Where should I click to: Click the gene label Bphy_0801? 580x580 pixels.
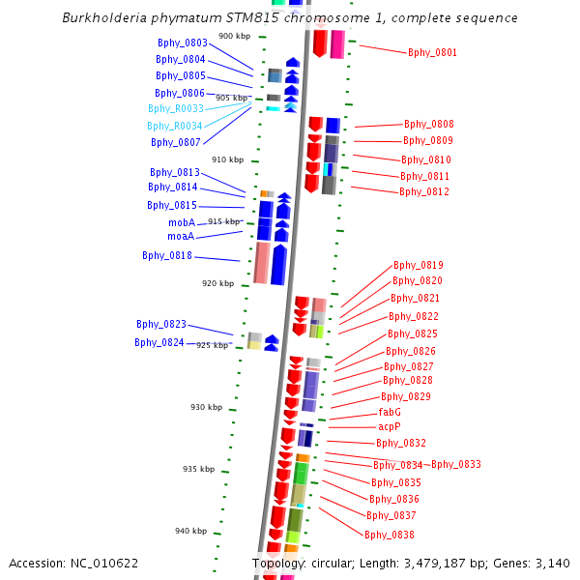coord(432,52)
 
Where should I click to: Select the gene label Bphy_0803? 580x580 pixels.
coord(183,43)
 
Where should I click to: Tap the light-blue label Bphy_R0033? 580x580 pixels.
coord(176,108)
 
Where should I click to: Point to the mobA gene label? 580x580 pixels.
coord(182,222)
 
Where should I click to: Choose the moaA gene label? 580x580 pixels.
coord(181,236)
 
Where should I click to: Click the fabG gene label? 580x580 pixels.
coord(390,412)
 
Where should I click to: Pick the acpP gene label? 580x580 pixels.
coord(390,427)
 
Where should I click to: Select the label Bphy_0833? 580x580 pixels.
coord(456,464)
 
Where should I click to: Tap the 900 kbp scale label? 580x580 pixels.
coord(235,36)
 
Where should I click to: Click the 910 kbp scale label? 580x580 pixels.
coord(227,159)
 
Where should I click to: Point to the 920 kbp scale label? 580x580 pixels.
coord(217,283)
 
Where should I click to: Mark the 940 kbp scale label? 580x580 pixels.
coord(190,531)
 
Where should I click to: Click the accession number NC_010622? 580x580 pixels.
coord(104,564)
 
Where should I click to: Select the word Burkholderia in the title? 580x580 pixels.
coord(104,17)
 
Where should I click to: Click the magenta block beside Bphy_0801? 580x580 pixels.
coord(337,44)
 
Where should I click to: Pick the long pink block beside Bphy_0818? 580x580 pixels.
coord(262,263)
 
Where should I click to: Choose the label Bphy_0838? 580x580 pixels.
coord(390,535)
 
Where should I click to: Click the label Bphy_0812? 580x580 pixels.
coord(424,191)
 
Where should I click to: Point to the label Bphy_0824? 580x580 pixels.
coord(159,342)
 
